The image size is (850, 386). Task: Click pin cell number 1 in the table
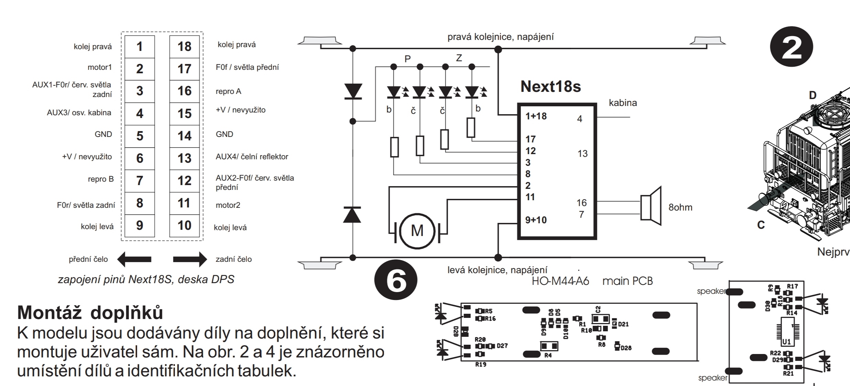pos(139,46)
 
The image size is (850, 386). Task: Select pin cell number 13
pos(184,158)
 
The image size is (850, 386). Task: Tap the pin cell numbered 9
pos(139,225)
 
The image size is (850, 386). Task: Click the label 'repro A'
pos(228,92)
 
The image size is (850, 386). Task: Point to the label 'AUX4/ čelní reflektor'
pos(252,157)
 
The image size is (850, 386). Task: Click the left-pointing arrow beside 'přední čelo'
pos(134,259)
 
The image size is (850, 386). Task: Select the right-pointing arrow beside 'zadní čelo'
pos(190,259)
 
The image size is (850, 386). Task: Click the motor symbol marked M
pos(417,230)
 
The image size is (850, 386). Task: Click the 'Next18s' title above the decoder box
pos(551,86)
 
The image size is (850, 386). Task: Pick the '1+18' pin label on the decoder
pos(536,116)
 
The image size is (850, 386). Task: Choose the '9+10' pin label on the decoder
pos(536,220)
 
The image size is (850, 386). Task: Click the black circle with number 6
pos(396,281)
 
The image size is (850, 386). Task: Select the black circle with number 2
pos(792,48)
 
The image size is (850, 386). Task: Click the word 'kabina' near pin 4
pos(623,103)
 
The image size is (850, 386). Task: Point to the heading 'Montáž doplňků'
pos(90,312)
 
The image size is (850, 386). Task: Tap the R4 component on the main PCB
pos(549,346)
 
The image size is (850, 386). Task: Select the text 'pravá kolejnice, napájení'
pos(500,37)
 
